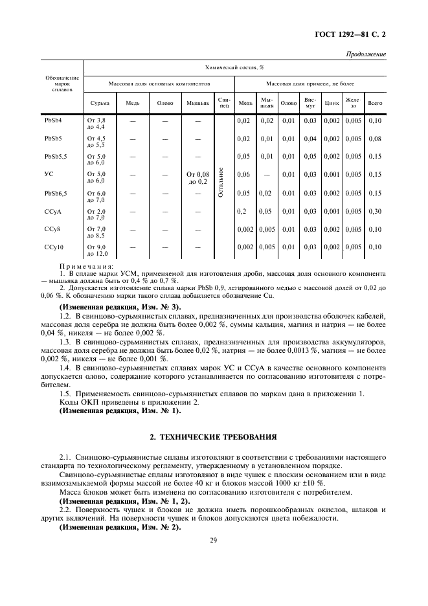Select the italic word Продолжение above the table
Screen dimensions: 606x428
coord(366,54)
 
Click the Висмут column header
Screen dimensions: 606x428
coord(310,102)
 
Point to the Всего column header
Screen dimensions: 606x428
coord(374,102)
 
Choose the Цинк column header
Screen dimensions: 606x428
coord(332,102)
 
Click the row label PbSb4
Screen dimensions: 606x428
coord(53,120)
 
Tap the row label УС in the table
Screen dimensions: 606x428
coord(49,174)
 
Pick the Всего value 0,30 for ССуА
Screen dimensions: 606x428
coord(374,211)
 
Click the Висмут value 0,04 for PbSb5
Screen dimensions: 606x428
coord(310,139)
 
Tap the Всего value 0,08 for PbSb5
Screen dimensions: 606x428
coord(374,139)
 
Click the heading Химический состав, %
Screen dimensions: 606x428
coord(234,67)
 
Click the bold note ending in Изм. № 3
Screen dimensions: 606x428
coord(120,306)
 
